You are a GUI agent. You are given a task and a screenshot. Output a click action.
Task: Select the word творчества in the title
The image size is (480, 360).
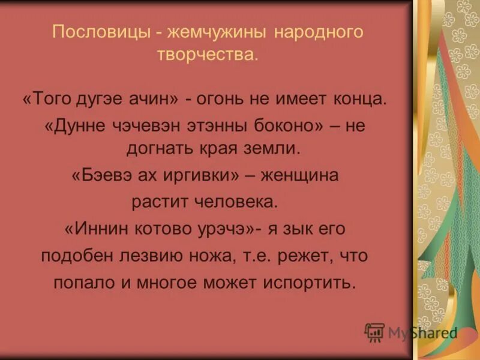coord(207,55)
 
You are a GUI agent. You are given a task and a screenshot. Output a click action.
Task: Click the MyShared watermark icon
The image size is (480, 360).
coord(374,331)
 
